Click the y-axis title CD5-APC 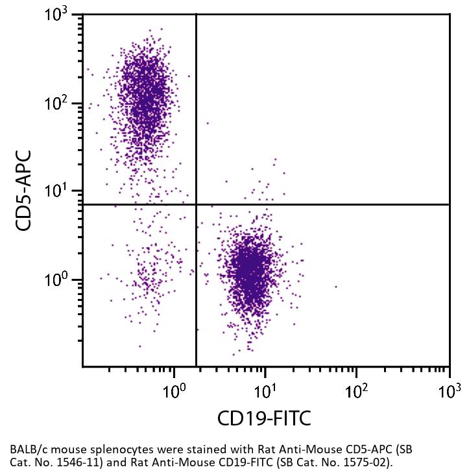click(x=25, y=190)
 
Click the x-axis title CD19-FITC click(x=264, y=418)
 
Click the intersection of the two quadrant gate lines click(x=196, y=204)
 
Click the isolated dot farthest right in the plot click(x=336, y=286)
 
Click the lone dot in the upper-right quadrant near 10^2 click(x=208, y=123)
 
